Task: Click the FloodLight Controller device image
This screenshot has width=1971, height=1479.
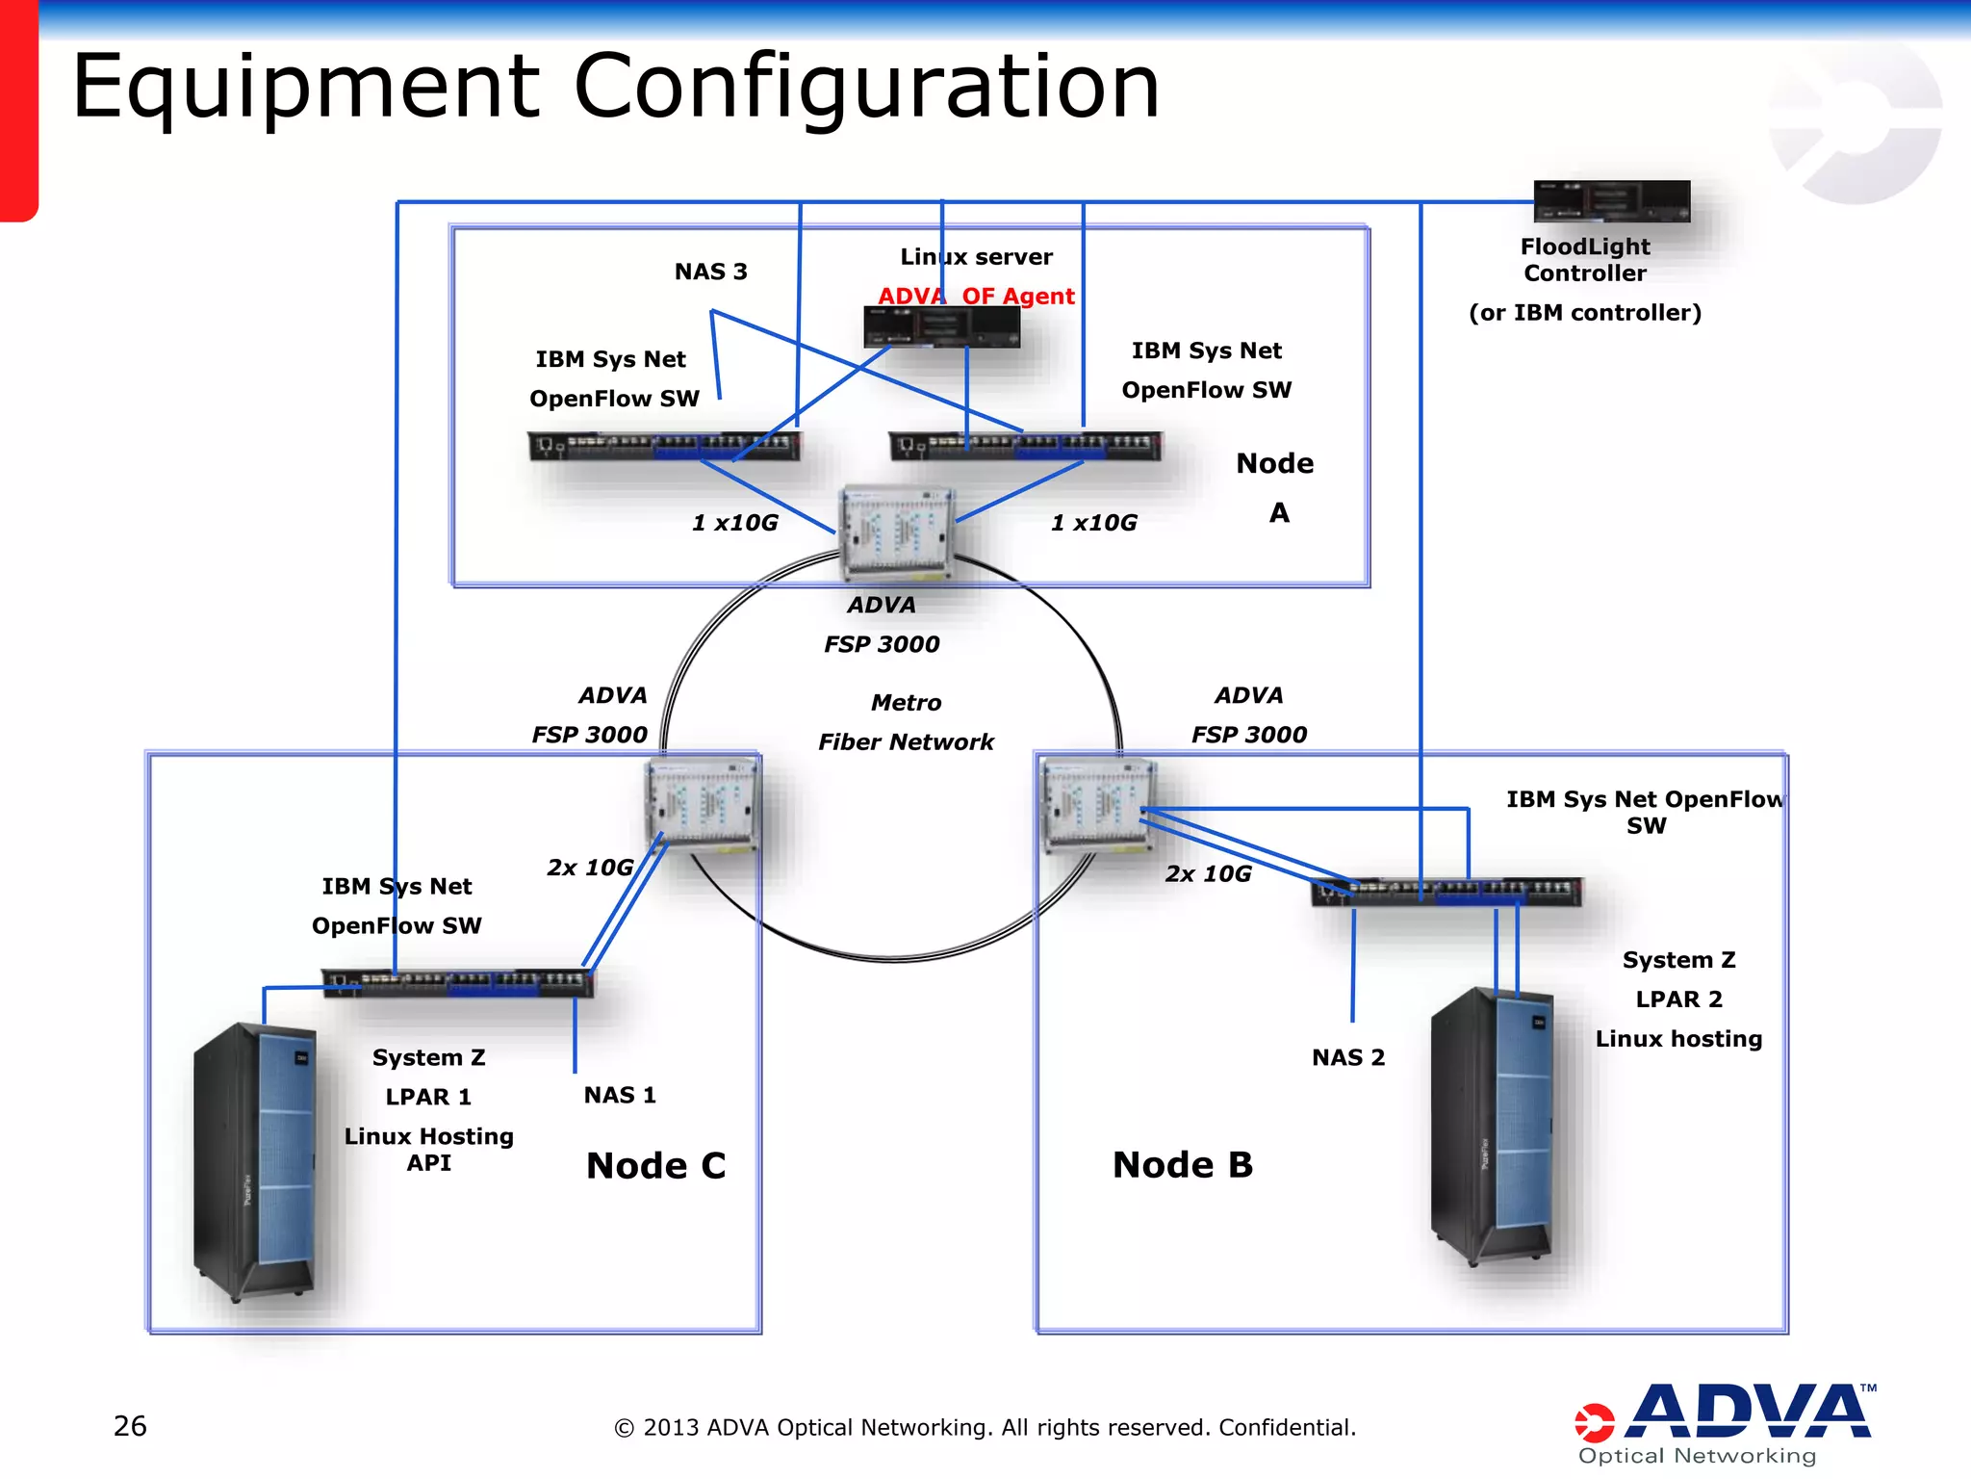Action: (1612, 201)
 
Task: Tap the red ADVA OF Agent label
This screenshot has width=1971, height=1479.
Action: (976, 296)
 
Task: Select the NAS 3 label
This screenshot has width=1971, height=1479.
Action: (710, 272)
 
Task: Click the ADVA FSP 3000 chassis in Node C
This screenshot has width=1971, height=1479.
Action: (702, 803)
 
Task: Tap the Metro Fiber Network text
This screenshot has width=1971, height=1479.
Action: (906, 722)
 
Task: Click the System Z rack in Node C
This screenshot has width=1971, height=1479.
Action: (255, 1160)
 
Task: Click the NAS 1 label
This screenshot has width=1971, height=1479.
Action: (620, 1095)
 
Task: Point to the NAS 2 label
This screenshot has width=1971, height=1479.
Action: (1348, 1057)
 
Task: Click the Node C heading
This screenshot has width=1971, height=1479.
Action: (655, 1165)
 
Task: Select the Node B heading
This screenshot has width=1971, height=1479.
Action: (1183, 1164)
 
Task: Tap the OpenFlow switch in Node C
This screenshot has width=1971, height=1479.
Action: (458, 982)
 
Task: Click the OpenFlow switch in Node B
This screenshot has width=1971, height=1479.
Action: (1446, 892)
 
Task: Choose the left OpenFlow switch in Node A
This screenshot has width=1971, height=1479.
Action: (664, 446)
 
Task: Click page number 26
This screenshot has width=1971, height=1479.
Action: (130, 1426)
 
